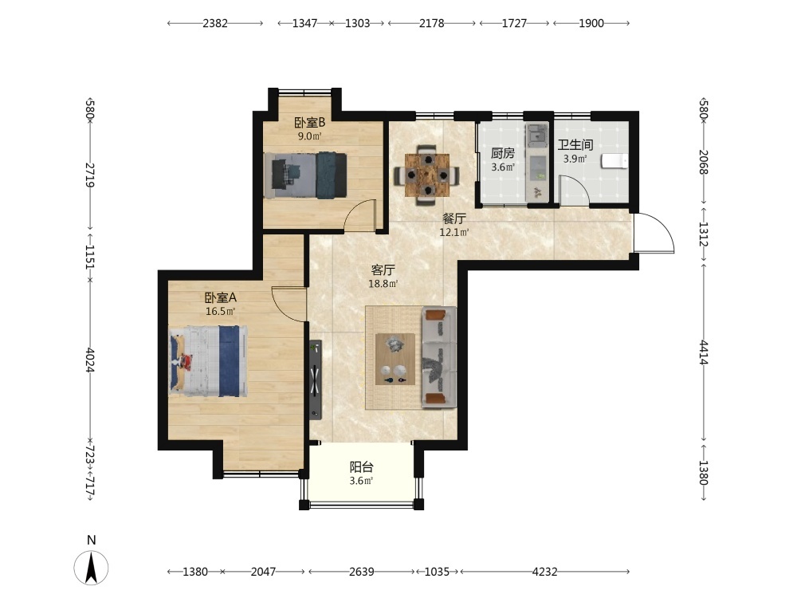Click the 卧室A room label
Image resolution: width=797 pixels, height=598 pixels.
coord(220,297)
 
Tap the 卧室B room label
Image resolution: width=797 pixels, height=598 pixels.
coord(309,123)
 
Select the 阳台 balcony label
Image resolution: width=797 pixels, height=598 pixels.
coord(361,466)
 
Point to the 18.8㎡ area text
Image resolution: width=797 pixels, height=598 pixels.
coord(383,284)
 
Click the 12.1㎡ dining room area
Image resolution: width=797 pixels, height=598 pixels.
coord(454,232)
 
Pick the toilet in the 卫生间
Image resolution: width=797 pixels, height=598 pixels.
coord(614,161)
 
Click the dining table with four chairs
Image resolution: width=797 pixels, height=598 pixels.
coord(427,175)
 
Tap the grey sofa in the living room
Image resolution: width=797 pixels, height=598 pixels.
coord(438,356)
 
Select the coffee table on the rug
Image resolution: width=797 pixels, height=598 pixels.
coord(395,359)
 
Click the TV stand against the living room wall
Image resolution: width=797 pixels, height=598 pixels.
coord(316,380)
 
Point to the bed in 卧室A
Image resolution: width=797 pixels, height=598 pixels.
coord(208,361)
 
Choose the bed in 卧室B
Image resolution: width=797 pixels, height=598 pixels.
coord(305,175)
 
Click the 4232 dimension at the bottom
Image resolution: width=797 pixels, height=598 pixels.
coord(544,572)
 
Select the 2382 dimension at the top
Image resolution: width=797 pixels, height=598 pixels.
coord(215,23)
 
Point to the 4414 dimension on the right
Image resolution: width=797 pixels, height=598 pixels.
coord(704,352)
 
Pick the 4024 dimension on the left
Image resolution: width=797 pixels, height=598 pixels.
coord(90,360)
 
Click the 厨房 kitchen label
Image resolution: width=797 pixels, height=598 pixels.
coord(503,152)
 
